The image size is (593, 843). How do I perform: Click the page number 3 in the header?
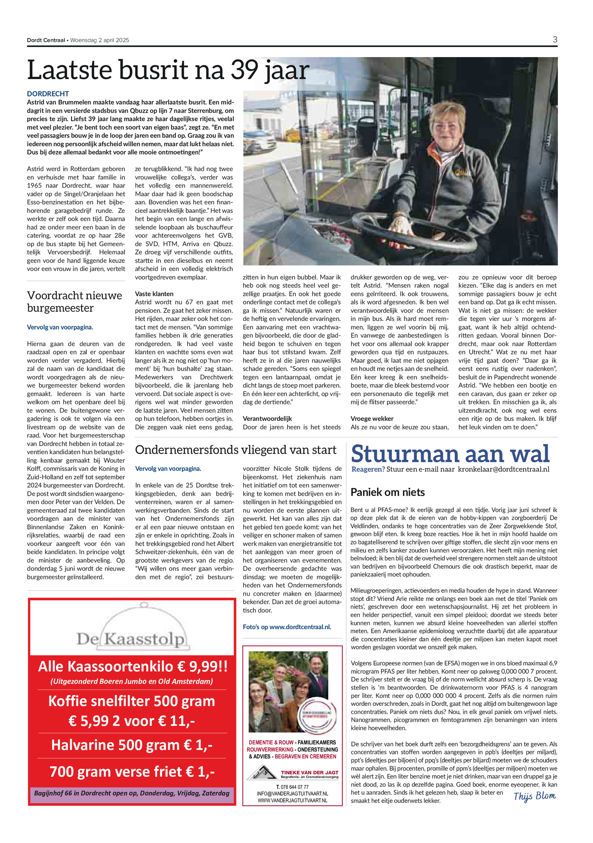(554, 40)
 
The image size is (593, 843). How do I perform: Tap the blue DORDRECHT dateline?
(48, 94)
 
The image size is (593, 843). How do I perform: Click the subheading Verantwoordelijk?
(267, 419)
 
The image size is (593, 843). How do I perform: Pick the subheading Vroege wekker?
(372, 419)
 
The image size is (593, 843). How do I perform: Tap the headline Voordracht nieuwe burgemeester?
(74, 301)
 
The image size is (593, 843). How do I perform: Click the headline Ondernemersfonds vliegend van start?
(235, 450)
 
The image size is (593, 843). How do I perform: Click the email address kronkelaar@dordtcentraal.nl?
(503, 469)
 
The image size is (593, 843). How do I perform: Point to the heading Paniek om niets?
(388, 492)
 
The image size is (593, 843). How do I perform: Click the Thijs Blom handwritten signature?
(534, 796)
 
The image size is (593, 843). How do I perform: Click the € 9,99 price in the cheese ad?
(202, 667)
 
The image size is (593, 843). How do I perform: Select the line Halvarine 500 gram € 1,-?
(132, 745)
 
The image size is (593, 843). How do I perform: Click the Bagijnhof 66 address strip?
(132, 793)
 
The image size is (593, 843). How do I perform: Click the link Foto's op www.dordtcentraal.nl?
(287, 627)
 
